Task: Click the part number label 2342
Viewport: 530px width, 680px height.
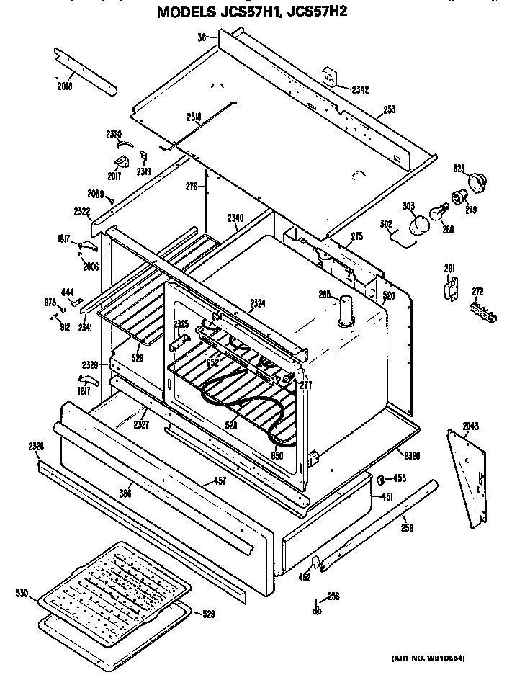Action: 359,90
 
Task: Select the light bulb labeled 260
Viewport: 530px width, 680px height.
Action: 437,214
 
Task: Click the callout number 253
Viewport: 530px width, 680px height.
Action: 389,110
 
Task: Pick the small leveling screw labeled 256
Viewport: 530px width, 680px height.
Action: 315,606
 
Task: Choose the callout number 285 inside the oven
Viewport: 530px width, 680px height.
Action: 325,294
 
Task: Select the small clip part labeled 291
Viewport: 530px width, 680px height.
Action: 450,287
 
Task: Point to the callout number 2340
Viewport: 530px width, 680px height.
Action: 235,218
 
